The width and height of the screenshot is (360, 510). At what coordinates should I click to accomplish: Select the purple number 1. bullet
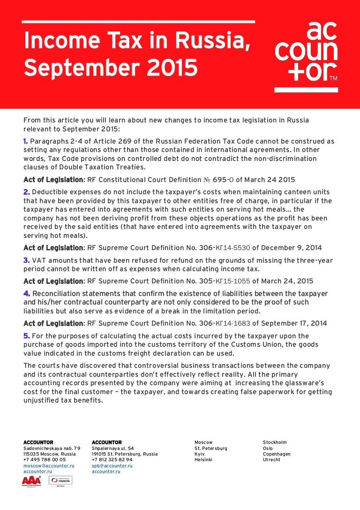click(x=26, y=141)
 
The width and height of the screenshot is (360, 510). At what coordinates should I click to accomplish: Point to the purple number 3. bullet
click(x=26, y=260)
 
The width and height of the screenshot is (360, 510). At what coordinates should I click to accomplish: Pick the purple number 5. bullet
click(x=26, y=336)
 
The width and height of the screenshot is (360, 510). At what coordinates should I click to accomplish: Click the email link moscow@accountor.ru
click(x=49, y=465)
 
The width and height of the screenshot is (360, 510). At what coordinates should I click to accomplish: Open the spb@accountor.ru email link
click(x=112, y=465)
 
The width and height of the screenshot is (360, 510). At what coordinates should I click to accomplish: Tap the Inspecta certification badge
click(x=61, y=480)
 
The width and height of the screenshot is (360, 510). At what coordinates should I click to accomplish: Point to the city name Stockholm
click(x=275, y=442)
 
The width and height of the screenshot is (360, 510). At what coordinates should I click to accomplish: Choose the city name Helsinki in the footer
click(x=203, y=460)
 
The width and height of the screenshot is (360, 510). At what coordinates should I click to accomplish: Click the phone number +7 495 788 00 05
click(x=45, y=460)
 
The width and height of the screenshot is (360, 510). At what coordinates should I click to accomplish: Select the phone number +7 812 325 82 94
click(x=112, y=460)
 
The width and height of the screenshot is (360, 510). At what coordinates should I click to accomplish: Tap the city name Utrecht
click(x=271, y=460)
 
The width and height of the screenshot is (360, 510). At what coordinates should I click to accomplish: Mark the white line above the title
click(x=139, y=22)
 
